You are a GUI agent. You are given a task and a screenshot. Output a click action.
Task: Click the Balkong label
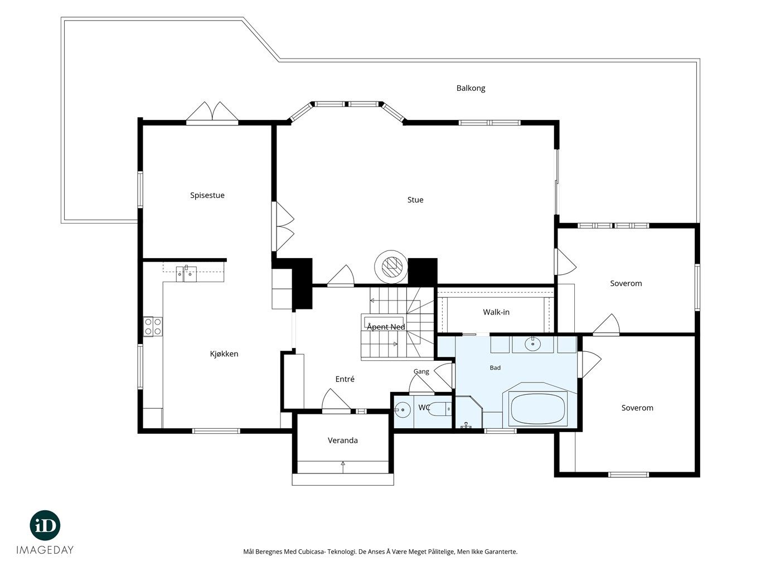tap(471, 88)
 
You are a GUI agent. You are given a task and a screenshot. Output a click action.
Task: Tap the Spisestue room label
tap(207, 195)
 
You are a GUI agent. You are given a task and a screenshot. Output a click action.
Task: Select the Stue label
tap(415, 200)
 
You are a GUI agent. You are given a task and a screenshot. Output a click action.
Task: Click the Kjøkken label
tap(224, 354)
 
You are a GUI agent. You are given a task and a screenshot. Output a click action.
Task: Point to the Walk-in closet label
tap(496, 312)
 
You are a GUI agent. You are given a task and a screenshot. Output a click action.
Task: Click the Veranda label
tap(342, 441)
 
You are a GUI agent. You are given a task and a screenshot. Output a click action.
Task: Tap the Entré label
tap(345, 379)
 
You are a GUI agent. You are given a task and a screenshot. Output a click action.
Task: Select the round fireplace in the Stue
tap(391, 267)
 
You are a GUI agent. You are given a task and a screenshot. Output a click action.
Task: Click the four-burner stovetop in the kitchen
tap(153, 327)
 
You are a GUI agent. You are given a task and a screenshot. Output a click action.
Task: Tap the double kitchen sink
tap(186, 274)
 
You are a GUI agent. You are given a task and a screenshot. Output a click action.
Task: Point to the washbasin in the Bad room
tap(532, 344)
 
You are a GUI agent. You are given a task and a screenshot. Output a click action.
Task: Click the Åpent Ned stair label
tap(386, 327)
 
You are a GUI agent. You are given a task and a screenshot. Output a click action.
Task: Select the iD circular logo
tap(45, 525)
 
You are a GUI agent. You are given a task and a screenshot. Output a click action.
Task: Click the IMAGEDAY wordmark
tap(45, 550)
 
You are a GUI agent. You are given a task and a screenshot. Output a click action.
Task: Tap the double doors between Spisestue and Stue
tap(283, 226)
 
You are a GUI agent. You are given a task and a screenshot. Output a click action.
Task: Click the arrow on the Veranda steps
tap(343, 467)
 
